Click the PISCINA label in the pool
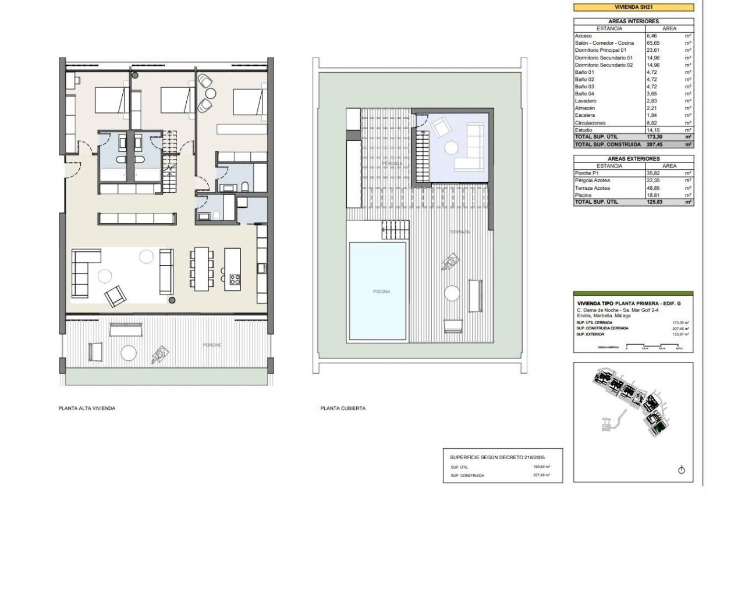pos(381,291)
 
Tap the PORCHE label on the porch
pos(212,345)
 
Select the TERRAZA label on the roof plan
pos(459,232)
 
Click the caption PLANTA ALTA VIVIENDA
pos(87,409)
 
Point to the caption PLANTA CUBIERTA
pos(343,409)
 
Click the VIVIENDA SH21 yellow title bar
pos(633,8)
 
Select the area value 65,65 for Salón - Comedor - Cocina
pos(654,43)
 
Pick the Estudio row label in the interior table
pos(584,130)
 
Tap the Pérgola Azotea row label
pos(592,180)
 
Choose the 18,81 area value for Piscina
pos(654,195)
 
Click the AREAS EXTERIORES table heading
pos(633,158)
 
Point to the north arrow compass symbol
pos(682,470)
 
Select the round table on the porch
pos(128,353)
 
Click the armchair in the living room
pos(115,297)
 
